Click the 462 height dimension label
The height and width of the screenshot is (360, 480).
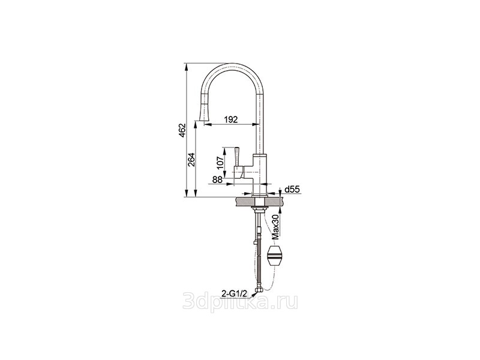[182, 130]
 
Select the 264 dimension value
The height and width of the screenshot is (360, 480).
[191, 160]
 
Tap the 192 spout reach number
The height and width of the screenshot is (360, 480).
[231, 119]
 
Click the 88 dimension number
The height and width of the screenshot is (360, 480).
[217, 179]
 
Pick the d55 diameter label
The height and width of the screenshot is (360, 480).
[292, 190]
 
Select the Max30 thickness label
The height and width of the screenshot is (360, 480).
[276, 227]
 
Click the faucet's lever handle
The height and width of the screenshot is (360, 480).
[238, 157]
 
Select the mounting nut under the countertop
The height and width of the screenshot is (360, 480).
[260, 209]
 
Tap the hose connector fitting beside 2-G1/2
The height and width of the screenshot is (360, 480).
[260, 290]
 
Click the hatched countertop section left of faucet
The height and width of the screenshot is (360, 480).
[245, 202]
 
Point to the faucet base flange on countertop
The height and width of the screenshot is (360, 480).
[260, 196]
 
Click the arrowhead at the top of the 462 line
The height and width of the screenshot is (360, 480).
[187, 67]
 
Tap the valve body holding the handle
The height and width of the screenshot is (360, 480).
[244, 172]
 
